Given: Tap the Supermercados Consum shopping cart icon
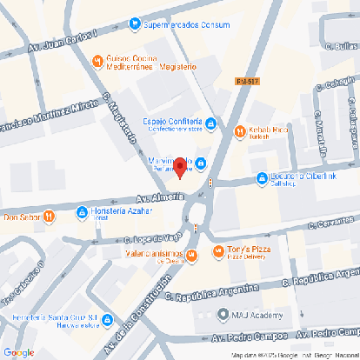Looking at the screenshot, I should click(134, 25).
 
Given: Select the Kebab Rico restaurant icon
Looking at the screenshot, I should click(240, 132).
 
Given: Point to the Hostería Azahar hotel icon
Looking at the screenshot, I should click(82, 211).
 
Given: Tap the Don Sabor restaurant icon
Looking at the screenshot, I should click(50, 216).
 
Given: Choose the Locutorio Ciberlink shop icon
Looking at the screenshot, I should click(262, 178).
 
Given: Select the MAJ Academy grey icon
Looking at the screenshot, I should click(223, 316).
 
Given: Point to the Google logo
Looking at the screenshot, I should click(18, 352).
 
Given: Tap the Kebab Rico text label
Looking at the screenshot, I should click(269, 130).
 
